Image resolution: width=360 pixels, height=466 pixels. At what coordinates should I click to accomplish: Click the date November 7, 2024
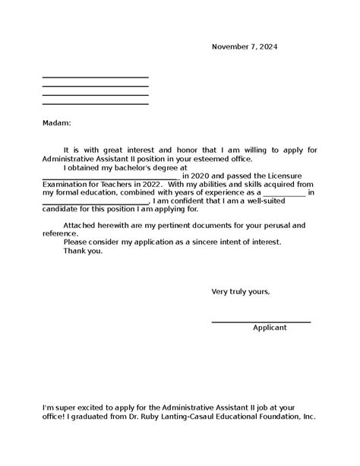pyautogui.click(x=244, y=47)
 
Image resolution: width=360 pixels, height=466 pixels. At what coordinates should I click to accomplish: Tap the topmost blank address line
pyautogui.click(x=95, y=78)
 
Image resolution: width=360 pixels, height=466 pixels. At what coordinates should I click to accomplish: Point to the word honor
pyautogui.click(x=171, y=151)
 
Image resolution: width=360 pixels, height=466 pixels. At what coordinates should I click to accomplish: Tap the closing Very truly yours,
pyautogui.click(x=240, y=291)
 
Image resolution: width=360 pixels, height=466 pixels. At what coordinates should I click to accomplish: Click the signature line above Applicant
pyautogui.click(x=261, y=322)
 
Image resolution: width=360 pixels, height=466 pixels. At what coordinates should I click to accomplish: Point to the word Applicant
pyautogui.click(x=270, y=328)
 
